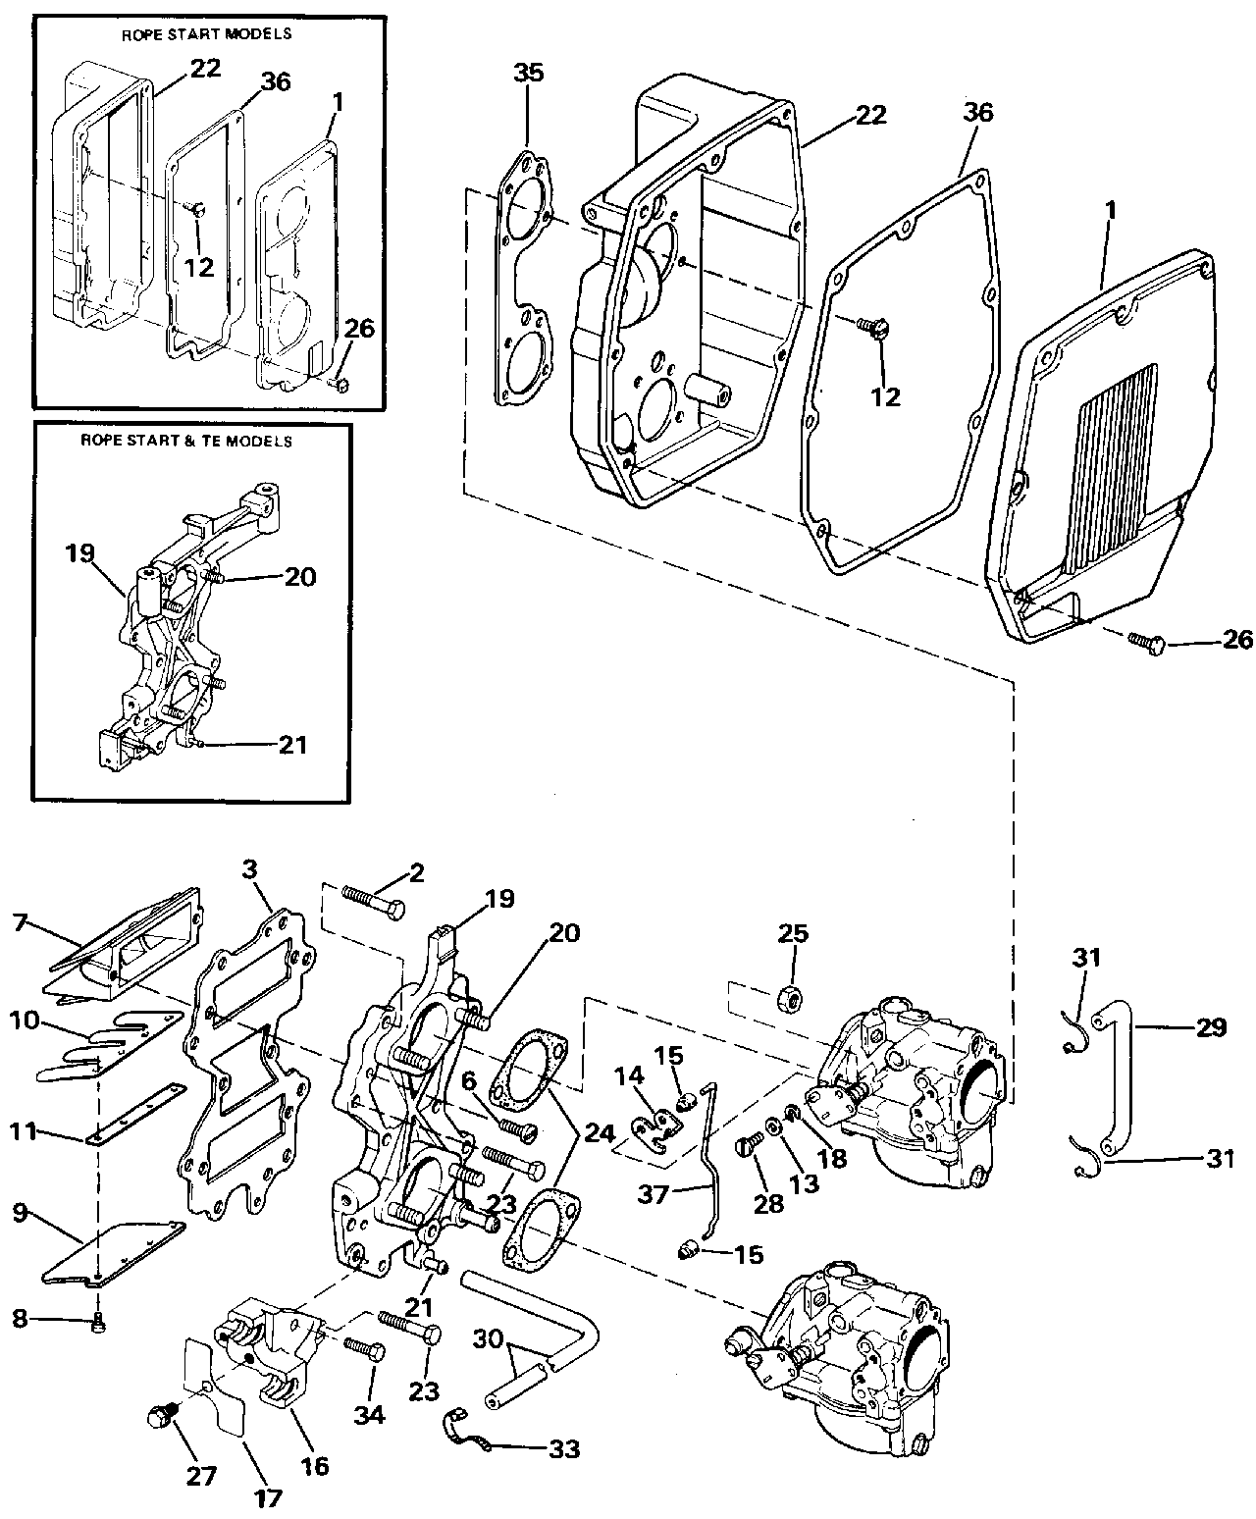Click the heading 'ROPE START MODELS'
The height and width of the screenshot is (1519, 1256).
[x=206, y=33]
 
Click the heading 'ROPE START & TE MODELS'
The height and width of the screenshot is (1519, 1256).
[x=186, y=442]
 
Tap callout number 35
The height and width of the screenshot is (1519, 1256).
[x=528, y=74]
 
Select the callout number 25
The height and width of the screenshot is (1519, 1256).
[x=793, y=933]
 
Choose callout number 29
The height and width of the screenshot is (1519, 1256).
[x=1212, y=1028]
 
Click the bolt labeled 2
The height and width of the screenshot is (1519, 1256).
[x=374, y=900]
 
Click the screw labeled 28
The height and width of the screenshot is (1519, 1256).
[x=751, y=1145]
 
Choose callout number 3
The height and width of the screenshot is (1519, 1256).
[x=251, y=870]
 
